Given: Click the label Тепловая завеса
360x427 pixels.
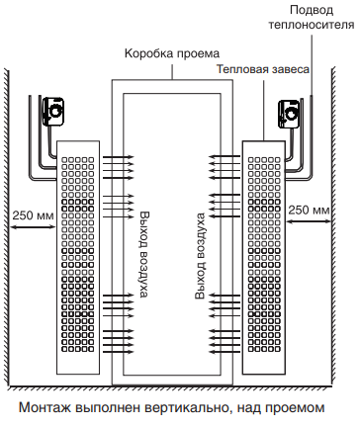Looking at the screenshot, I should tap(263, 70).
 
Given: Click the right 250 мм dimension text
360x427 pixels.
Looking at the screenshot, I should tap(309, 212).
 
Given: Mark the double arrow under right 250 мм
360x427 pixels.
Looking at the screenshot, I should tap(309, 225).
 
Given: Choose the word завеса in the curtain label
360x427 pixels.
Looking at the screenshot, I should tap(291, 70).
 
